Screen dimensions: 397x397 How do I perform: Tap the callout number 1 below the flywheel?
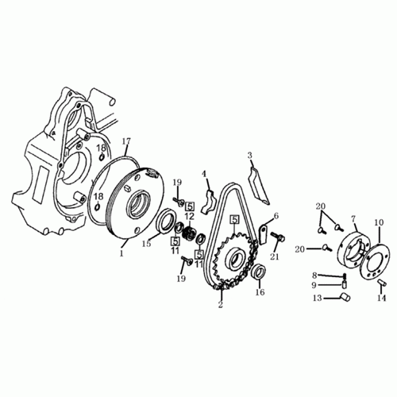(x=121, y=255)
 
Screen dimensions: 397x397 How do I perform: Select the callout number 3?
(x=249, y=156)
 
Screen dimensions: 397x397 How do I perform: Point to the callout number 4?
(x=203, y=174)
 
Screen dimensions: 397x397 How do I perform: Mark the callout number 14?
(x=380, y=299)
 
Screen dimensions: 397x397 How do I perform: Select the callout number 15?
(x=146, y=244)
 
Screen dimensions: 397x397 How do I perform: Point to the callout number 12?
(x=190, y=217)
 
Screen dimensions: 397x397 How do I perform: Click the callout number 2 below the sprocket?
(x=220, y=303)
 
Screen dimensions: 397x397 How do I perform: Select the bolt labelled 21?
(x=280, y=237)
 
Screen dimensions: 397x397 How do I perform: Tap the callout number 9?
(x=314, y=286)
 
